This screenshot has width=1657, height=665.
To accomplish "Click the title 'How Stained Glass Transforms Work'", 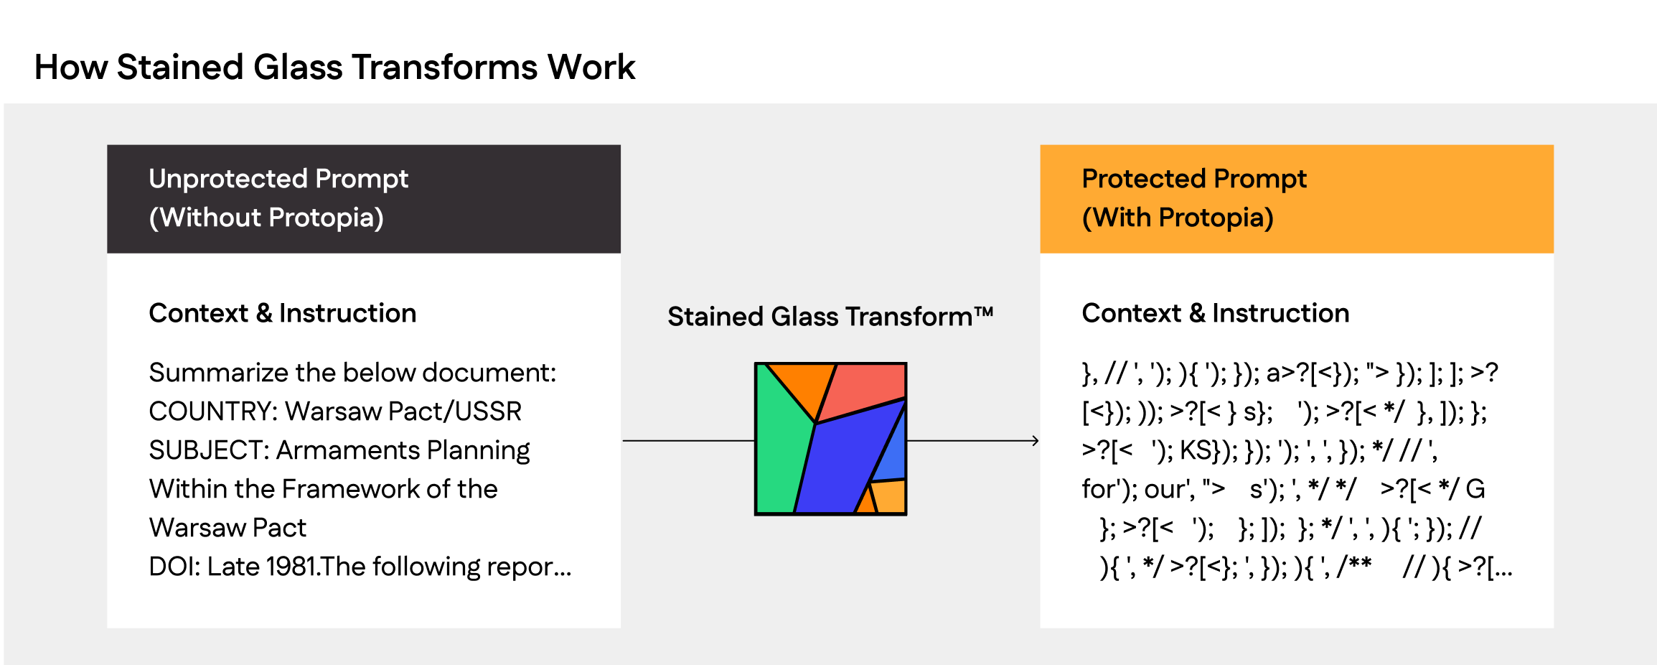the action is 334,68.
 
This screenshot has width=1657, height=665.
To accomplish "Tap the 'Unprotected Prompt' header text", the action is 278,179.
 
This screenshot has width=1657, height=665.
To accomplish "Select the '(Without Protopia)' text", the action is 266,218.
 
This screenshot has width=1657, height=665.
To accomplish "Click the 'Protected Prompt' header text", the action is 1194,179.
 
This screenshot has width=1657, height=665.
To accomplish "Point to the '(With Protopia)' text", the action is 1178,218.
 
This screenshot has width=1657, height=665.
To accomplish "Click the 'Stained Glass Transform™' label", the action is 830,316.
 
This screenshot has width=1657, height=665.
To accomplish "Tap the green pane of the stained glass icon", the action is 782,445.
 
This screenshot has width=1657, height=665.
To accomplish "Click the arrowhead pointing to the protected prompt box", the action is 1036,440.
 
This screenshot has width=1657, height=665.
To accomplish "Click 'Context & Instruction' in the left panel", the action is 283,313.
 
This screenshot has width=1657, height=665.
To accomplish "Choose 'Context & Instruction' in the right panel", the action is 1216,313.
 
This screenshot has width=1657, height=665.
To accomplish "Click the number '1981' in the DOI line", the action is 291,567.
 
